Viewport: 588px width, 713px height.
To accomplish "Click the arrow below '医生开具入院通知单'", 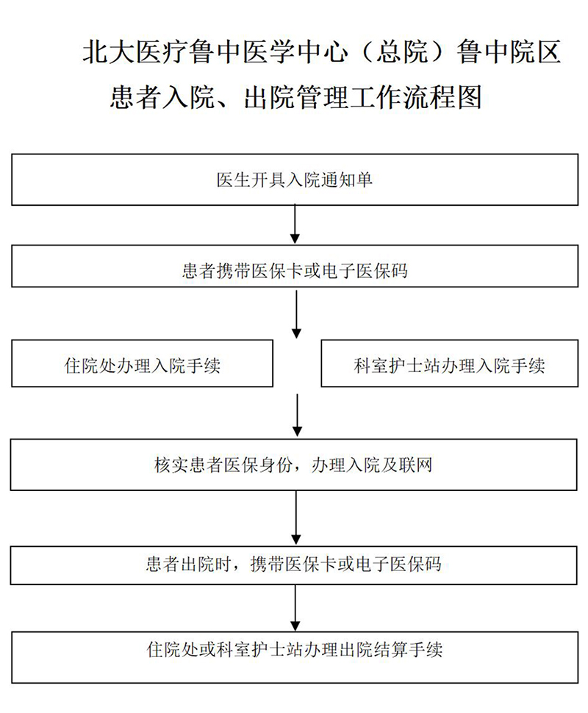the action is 295,224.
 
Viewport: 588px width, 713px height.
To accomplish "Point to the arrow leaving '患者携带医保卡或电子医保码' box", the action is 296,314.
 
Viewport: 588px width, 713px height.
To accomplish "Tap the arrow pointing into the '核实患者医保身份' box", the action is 297,415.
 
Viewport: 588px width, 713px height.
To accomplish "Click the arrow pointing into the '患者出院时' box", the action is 296,517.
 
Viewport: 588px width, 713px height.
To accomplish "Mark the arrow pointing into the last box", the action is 295,607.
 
